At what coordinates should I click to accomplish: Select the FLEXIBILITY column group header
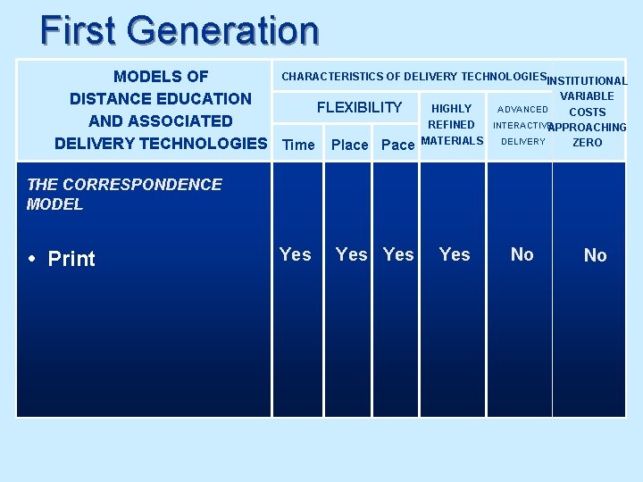pyautogui.click(x=359, y=108)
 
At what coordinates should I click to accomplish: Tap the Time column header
pyautogui.click(x=298, y=145)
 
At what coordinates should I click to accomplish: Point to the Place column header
pyautogui.click(x=349, y=145)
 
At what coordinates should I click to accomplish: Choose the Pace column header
pyautogui.click(x=397, y=145)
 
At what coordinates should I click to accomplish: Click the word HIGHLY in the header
pyautogui.click(x=451, y=109)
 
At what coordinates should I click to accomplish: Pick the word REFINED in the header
pyautogui.click(x=451, y=125)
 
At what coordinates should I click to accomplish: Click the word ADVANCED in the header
pyautogui.click(x=522, y=109)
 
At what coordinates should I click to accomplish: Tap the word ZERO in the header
pyautogui.click(x=587, y=143)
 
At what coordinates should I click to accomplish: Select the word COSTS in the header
pyautogui.click(x=587, y=112)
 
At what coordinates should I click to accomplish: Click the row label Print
pyautogui.click(x=71, y=259)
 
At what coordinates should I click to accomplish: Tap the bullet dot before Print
pyautogui.click(x=30, y=260)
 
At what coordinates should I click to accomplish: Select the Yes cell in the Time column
pyautogui.click(x=296, y=254)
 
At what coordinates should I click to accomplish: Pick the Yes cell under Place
pyautogui.click(x=351, y=254)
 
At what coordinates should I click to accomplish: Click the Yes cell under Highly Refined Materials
pyautogui.click(x=455, y=254)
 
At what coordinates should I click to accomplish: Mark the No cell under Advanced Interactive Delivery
pyautogui.click(x=522, y=254)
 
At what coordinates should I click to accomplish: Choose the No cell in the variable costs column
pyautogui.click(x=595, y=255)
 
